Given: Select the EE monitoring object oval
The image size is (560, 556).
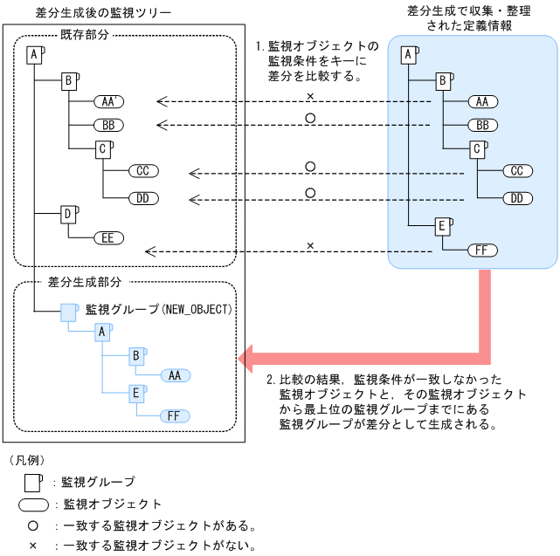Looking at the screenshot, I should point(108,237).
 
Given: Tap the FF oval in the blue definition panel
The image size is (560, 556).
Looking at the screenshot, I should point(481,251).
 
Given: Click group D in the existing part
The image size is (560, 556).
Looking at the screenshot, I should point(68,214).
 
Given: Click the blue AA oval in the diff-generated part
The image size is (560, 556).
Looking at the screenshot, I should point(174,375).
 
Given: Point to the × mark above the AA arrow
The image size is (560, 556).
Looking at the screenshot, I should point(309,94).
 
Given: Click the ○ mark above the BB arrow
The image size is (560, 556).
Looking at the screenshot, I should point(309,117).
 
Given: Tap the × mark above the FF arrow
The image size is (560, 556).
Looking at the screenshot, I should point(309,245).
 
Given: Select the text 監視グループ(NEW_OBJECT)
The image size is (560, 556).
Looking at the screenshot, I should point(157,310).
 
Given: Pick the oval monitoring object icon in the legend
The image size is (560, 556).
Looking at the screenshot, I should point(34,505).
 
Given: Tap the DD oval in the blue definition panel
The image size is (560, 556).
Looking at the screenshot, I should point(517,198).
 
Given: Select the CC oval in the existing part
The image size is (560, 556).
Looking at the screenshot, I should point(142,170).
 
